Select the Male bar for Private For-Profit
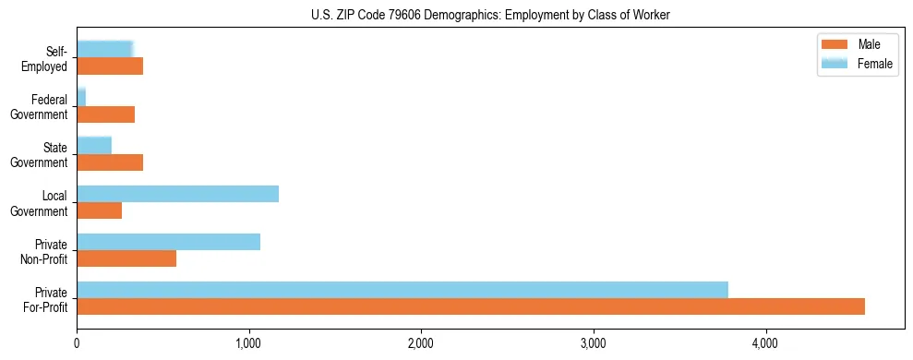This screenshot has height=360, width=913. (x=471, y=306)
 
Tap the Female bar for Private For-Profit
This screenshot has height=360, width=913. (x=402, y=290)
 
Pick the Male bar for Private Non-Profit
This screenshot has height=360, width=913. (x=126, y=258)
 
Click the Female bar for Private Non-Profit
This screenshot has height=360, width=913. (x=168, y=242)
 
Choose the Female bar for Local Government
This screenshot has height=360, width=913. (x=177, y=194)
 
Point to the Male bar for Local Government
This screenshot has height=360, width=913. (x=99, y=210)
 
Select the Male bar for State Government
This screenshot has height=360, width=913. (x=110, y=162)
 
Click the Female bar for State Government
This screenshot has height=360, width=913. (x=94, y=145)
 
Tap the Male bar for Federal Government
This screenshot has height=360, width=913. (x=105, y=114)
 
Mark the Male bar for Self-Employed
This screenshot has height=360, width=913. (x=110, y=66)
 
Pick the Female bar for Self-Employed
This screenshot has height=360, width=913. (x=104, y=49)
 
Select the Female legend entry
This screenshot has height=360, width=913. (x=859, y=63)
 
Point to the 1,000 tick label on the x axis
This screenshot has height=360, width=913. (x=249, y=343)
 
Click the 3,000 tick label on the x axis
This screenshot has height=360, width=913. (x=593, y=343)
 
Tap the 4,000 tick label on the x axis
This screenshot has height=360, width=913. (x=765, y=343)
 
